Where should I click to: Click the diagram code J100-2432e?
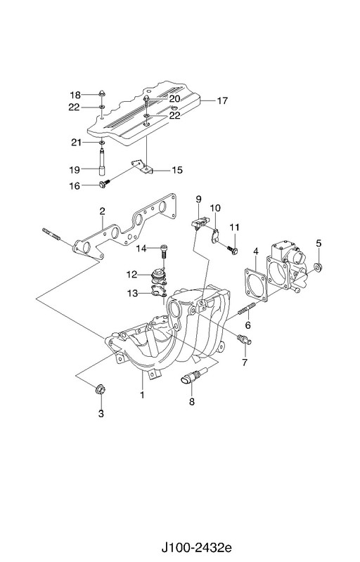(x=195, y=548)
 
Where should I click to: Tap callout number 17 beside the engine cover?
(x=222, y=100)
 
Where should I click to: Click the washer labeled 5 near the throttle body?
(x=317, y=267)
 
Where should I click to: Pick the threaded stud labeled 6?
(x=246, y=308)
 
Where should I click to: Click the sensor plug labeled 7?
(x=243, y=339)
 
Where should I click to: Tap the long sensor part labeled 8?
(x=194, y=376)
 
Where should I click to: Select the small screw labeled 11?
(x=233, y=250)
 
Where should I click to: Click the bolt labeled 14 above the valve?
(x=165, y=251)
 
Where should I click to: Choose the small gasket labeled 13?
(x=158, y=292)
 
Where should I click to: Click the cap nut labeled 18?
(x=102, y=95)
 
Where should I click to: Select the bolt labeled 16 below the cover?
(x=104, y=184)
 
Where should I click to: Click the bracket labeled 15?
(x=141, y=166)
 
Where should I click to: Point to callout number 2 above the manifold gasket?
(x=102, y=211)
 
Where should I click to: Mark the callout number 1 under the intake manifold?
(x=142, y=395)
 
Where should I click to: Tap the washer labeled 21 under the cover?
(x=102, y=143)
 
